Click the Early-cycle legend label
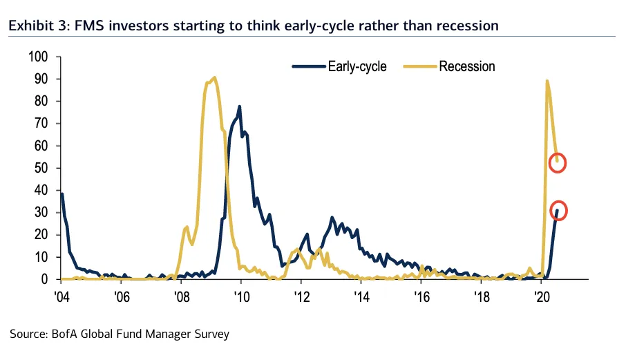357,66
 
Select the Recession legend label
467,66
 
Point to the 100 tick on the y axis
41,57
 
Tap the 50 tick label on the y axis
44,168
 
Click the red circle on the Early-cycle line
559,210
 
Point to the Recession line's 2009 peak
215,77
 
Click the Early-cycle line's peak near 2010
239,106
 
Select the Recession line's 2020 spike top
547,81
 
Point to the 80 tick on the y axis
44,102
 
